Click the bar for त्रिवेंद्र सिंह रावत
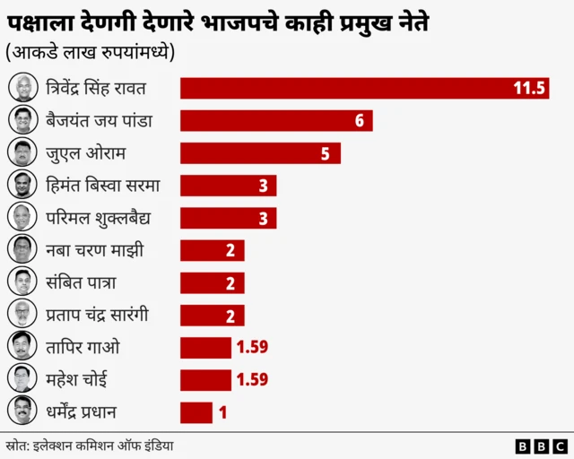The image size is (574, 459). pyautogui.click(x=363, y=88)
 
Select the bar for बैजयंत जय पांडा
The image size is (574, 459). pyautogui.click(x=276, y=120)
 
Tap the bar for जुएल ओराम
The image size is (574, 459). pyautogui.click(x=260, y=153)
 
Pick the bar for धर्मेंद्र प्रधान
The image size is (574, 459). pyautogui.click(x=196, y=412)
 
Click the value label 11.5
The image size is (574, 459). pyautogui.click(x=529, y=88)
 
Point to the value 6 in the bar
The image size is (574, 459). pyautogui.click(x=359, y=120)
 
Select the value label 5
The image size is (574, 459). pyautogui.click(x=326, y=153)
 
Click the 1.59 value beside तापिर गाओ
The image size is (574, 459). pyautogui.click(x=251, y=347)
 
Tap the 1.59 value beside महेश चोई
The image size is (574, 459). pyautogui.click(x=251, y=379)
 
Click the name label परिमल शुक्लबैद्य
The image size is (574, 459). pyautogui.click(x=98, y=218)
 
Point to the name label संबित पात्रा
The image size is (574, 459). pyautogui.click(x=81, y=282)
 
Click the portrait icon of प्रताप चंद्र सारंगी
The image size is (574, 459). pyautogui.click(x=22, y=315)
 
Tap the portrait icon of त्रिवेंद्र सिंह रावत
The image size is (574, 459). pyautogui.click(x=22, y=88)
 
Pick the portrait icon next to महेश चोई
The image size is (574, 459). pyautogui.click(x=22, y=379)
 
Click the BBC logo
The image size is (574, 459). pyautogui.click(x=542, y=446)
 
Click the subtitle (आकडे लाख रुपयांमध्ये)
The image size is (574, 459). pyautogui.click(x=90, y=51)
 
